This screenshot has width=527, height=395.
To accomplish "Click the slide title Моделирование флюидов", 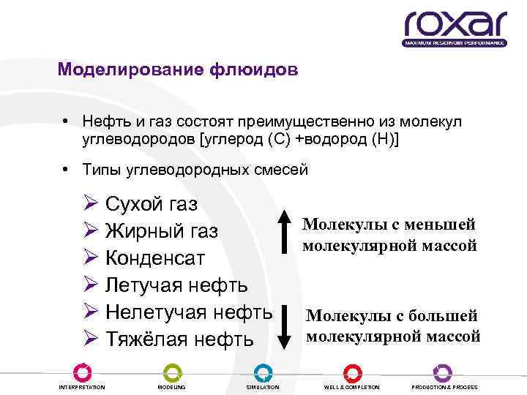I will [178, 70].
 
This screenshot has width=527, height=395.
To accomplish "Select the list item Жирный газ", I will [162, 231].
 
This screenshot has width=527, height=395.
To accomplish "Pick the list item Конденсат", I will [155, 258].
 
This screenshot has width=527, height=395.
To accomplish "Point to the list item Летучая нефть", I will [176, 285].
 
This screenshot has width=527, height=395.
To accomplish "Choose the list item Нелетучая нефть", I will [189, 312].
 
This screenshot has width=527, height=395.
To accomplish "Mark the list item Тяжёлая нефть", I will [179, 339].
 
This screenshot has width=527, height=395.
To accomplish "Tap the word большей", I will [444, 316].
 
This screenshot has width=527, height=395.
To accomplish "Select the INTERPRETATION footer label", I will [81, 386].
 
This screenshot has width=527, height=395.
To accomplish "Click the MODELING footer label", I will [172, 386].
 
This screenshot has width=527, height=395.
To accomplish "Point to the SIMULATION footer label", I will [263, 386].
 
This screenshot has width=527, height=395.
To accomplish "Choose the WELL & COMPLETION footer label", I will [352, 386].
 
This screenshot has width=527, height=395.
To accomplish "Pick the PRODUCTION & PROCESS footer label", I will [444, 386].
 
